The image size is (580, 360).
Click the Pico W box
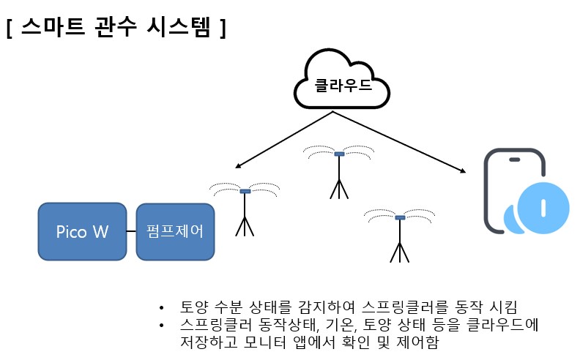click(82, 231)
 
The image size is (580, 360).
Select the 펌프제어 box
click(175, 231)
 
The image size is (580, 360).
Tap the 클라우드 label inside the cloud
click(343, 86)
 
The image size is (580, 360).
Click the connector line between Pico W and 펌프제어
click(131, 231)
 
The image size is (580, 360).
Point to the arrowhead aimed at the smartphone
click(463, 170)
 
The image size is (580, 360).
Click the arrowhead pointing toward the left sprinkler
click(238, 166)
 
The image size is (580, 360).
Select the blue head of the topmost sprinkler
click(339, 154)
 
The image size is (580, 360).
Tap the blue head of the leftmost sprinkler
click(245, 191)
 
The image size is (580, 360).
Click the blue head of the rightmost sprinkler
click(401, 217)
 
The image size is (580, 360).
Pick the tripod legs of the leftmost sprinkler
click(245, 227)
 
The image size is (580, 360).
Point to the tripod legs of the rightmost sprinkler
click(400, 253)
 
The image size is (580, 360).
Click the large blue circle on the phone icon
click(543, 208)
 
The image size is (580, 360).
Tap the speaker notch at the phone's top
click(515, 160)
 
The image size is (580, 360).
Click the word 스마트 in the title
click(53, 26)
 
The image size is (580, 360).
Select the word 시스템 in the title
click(179, 26)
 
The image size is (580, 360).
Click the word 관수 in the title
click(116, 26)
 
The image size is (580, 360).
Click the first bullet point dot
click(161, 307)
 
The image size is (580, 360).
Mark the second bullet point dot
click(161, 326)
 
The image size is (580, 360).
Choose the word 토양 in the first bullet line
click(193, 307)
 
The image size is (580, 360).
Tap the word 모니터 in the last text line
click(265, 342)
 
